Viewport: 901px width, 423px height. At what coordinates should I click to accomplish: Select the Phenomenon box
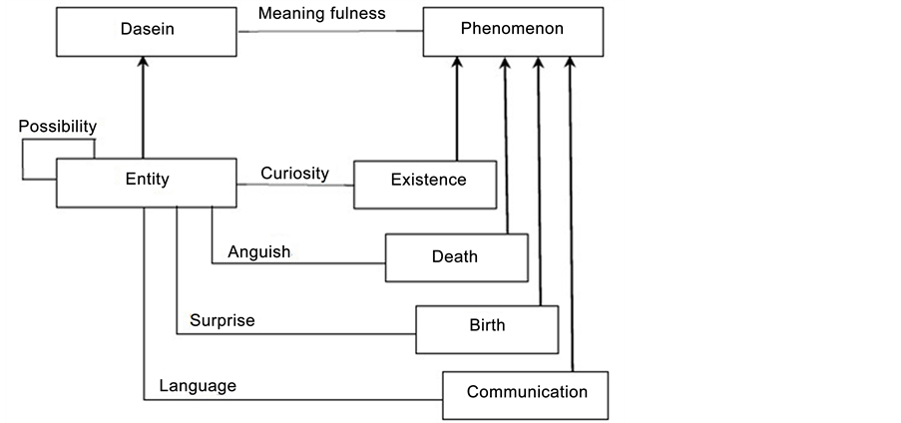[512, 30]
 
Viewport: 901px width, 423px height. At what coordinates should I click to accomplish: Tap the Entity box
[147, 181]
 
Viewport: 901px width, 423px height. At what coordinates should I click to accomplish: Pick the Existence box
[426, 182]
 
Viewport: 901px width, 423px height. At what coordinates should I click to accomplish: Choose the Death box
[455, 257]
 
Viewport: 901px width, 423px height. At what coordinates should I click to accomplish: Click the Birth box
[487, 326]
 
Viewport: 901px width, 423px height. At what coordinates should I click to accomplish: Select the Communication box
[526, 392]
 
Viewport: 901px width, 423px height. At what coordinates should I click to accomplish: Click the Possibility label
[58, 127]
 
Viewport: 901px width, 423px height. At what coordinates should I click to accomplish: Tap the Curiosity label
[294, 173]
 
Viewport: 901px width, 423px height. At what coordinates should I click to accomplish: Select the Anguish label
[258, 251]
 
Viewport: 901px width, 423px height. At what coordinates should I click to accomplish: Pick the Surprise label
[222, 320]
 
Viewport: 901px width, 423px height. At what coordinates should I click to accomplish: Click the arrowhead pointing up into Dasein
[146, 62]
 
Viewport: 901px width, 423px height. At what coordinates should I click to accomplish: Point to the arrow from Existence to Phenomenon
[457, 110]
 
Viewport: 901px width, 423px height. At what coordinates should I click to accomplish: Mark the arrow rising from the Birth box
[540, 180]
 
